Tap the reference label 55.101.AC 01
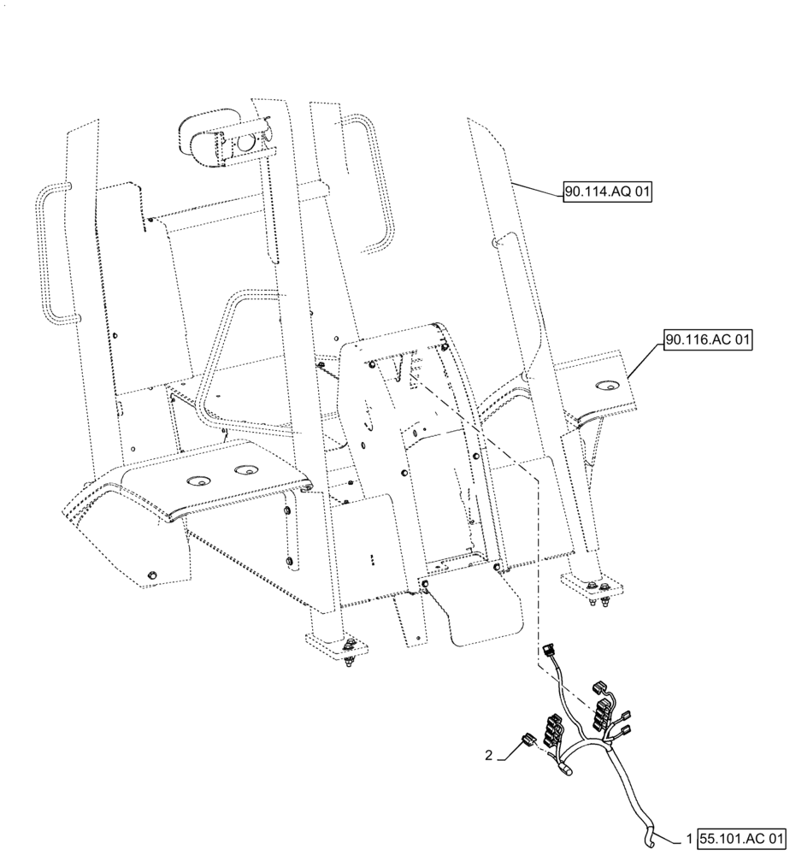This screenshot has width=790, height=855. [740, 839]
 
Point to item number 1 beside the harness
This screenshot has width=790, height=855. [690, 839]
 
